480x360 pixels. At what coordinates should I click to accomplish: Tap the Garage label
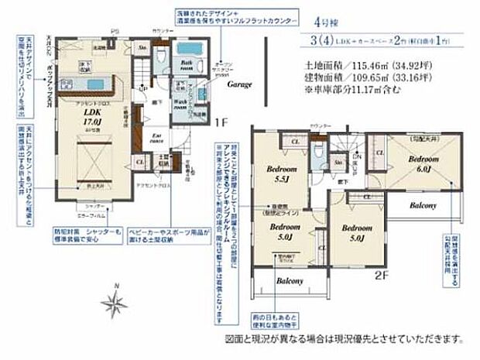(x=238, y=86)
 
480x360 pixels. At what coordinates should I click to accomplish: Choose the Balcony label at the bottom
(x=289, y=280)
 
